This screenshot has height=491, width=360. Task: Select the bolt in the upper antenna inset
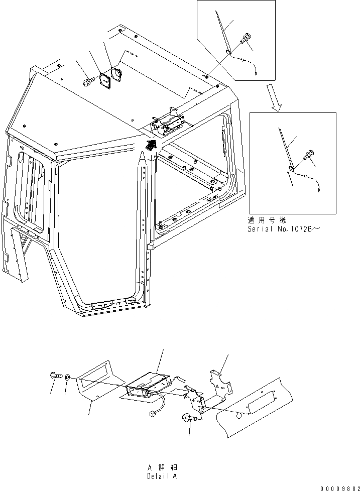click(246, 39)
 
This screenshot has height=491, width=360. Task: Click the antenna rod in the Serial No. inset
click(285, 146)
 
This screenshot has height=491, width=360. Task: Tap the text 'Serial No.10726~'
click(284, 229)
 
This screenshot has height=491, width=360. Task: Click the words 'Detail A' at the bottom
click(162, 475)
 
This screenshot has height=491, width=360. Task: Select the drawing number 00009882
click(339, 487)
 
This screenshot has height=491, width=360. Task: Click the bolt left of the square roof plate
click(89, 80)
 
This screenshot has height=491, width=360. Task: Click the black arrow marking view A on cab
click(150, 145)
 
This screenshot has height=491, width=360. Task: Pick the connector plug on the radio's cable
click(151, 415)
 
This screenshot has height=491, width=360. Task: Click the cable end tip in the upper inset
click(256, 71)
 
